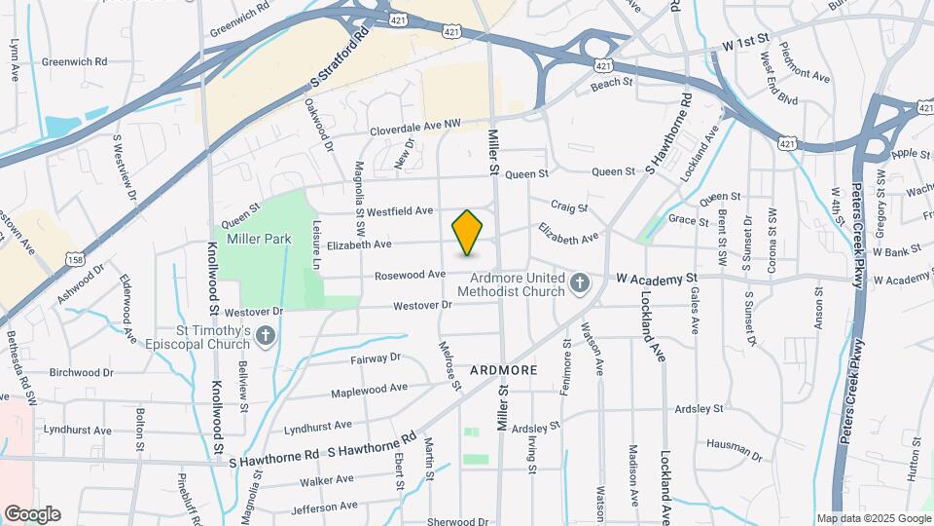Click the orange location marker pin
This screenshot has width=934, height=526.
(468, 233)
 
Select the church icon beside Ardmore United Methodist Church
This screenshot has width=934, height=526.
(580, 284)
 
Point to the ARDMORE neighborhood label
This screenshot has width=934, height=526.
(503, 371)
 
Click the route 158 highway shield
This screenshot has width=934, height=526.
(75, 256)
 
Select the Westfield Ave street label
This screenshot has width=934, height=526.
(399, 210)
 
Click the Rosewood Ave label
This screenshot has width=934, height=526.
(410, 276)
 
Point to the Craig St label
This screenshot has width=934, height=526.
(569, 207)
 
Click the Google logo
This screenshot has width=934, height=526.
(32, 513)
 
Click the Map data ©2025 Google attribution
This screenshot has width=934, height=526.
(873, 518)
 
